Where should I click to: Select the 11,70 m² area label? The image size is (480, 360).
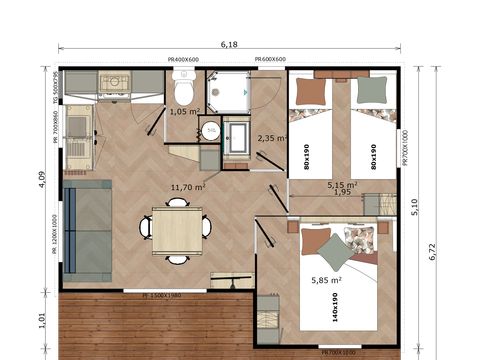pyautogui.click(x=187, y=187)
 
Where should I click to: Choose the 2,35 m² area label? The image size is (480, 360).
pyautogui.click(x=272, y=138)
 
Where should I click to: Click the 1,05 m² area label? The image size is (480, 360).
pyautogui.click(x=185, y=112)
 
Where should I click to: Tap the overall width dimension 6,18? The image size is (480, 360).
pyautogui.click(x=229, y=44)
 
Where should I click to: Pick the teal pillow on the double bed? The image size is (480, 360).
pyautogui.click(x=335, y=253)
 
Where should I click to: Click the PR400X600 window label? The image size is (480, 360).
pyautogui.click(x=184, y=59)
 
